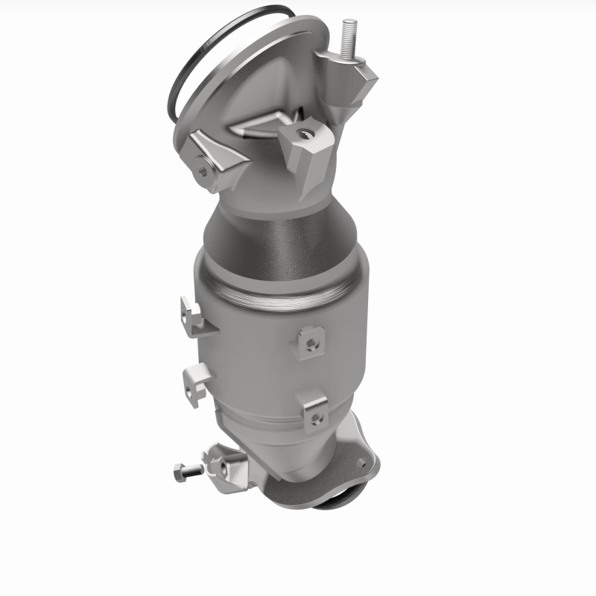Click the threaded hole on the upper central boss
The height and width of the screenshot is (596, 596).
(303, 135)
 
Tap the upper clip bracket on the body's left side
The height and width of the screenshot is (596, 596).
(193, 314)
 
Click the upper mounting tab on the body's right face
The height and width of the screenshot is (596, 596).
(309, 340)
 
